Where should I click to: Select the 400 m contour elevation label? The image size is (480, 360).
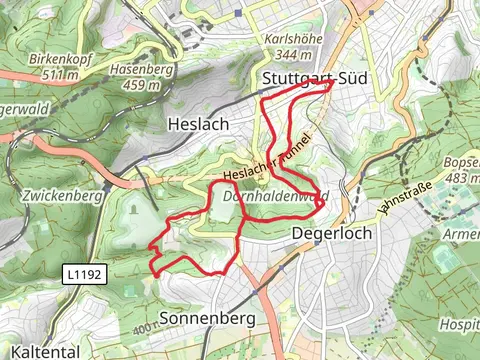coord(145,327)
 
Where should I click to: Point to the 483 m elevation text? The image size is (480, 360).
coord(463,178)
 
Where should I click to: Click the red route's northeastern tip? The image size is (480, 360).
coord(331,84)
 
